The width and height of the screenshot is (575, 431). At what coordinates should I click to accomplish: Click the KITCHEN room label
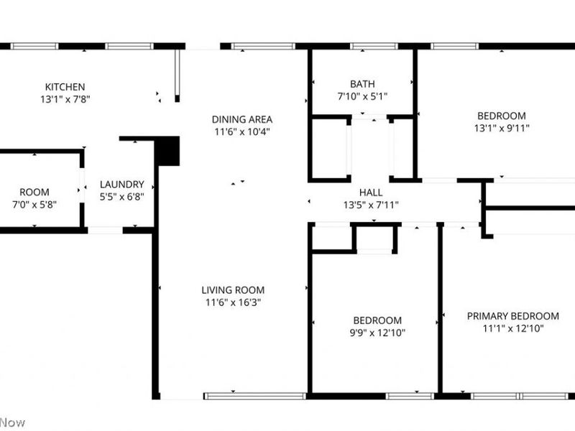pyautogui.click(x=65, y=87)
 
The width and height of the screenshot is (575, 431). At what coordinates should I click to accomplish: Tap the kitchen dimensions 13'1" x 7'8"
pyautogui.click(x=65, y=100)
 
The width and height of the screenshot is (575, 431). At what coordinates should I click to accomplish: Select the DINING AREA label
pyautogui.click(x=242, y=119)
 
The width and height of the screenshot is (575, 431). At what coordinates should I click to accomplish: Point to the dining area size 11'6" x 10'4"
pyautogui.click(x=242, y=132)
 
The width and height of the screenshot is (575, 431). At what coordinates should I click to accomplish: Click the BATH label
pyautogui.click(x=362, y=84)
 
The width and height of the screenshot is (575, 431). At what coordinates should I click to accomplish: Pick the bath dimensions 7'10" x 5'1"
pyautogui.click(x=362, y=96)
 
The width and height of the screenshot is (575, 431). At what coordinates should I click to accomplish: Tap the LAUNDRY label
pyautogui.click(x=121, y=184)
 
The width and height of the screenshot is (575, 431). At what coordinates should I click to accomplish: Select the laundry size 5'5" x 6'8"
pyautogui.click(x=121, y=196)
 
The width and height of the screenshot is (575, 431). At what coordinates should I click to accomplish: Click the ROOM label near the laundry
pyautogui.click(x=34, y=192)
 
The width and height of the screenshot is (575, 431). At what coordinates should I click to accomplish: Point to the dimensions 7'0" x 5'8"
pyautogui.click(x=34, y=205)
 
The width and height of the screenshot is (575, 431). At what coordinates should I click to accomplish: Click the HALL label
pyautogui.click(x=371, y=193)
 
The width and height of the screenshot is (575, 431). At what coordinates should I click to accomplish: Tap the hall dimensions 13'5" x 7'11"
pyautogui.click(x=371, y=205)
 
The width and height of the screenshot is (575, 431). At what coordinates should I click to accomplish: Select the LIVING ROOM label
pyautogui.click(x=233, y=290)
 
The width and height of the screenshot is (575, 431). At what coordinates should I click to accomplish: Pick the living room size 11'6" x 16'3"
pyautogui.click(x=233, y=302)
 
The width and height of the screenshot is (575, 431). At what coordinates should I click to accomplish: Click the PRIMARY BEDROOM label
pyautogui.click(x=512, y=316)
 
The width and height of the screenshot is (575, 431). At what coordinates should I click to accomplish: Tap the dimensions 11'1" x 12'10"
pyautogui.click(x=512, y=328)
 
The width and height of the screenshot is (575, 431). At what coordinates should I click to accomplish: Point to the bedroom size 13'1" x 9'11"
pyautogui.click(x=502, y=129)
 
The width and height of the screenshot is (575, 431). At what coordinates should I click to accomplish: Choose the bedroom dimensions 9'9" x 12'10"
pyautogui.click(x=377, y=333)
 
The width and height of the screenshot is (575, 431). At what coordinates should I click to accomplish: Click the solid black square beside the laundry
pyautogui.click(x=167, y=151)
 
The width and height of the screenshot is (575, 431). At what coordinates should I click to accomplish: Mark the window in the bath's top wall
pyautogui.click(x=373, y=46)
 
